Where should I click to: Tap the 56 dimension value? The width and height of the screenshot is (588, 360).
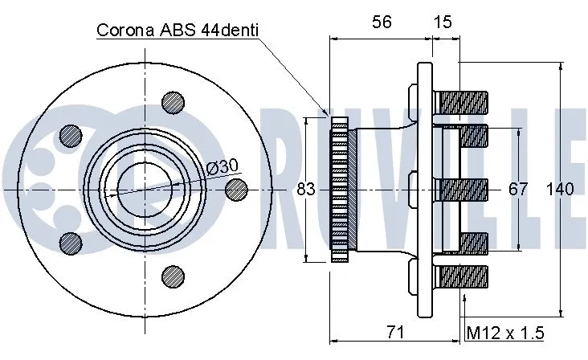click(382, 23)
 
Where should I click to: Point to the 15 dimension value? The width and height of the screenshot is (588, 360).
click(443, 23)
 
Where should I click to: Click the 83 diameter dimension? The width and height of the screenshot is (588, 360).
click(305, 190)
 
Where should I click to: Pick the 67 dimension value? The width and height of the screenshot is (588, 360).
click(519, 190)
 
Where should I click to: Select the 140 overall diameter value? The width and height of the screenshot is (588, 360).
click(559, 190)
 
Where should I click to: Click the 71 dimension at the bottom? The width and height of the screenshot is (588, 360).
click(394, 331)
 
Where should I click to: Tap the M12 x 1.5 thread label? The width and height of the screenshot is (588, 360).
click(505, 332)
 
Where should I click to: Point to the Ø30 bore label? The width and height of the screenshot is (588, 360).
click(221, 166)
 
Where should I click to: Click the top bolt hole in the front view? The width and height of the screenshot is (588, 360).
click(173, 101)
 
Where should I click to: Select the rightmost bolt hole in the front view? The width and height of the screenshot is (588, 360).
click(236, 188)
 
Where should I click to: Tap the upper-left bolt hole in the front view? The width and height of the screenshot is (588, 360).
click(71, 135)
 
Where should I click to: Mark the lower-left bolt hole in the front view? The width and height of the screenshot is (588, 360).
click(71, 242)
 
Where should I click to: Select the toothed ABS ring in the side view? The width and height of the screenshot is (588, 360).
click(341, 189)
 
